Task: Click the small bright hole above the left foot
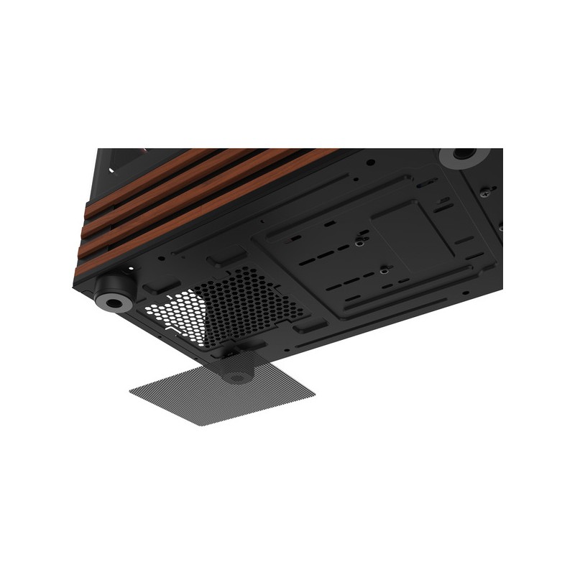[x=129, y=270]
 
